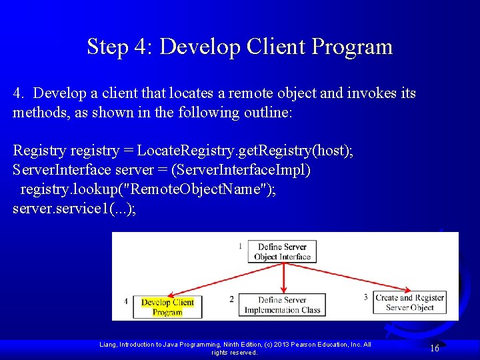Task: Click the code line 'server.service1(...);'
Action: point(74,208)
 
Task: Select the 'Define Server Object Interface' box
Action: point(282,252)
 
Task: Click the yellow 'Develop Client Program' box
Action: point(167,307)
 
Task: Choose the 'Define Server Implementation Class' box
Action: point(282,305)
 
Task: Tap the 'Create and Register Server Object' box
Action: point(409,303)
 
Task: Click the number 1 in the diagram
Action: point(240,247)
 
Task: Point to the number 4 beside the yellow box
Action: point(126,301)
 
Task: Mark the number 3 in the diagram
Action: point(365,297)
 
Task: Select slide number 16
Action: point(434,348)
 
